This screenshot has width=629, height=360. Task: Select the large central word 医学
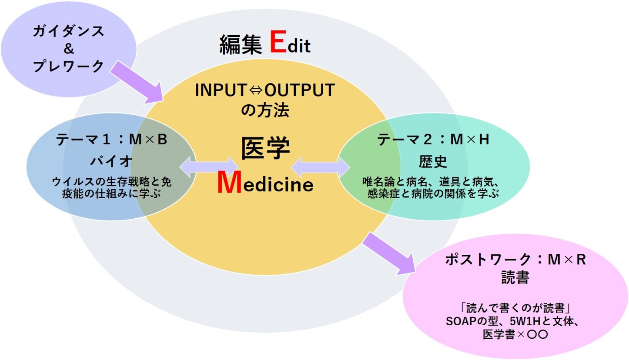(x=265, y=150)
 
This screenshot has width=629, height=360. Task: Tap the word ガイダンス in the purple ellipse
(x=69, y=31)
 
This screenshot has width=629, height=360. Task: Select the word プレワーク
(x=69, y=66)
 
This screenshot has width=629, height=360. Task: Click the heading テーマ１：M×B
(x=111, y=140)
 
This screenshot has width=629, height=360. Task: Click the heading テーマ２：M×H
(x=434, y=140)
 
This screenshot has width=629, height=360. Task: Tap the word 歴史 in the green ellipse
(x=433, y=162)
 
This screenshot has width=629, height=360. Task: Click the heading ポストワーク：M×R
(x=515, y=260)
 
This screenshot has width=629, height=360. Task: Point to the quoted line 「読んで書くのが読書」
(x=515, y=309)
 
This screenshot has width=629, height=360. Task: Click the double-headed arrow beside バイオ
(x=209, y=167)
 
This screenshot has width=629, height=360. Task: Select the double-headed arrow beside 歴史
(x=321, y=167)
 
